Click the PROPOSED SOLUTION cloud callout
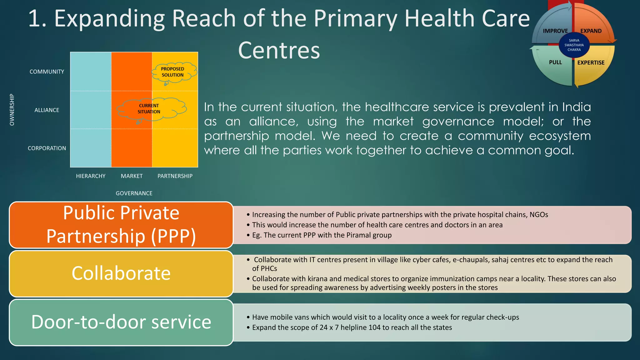[x=174, y=72]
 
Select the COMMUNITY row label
[x=47, y=72]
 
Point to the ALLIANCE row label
[x=47, y=110]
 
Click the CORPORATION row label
[x=47, y=148]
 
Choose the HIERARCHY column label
[x=91, y=176]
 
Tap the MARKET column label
[x=132, y=176]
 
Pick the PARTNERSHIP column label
[x=175, y=176]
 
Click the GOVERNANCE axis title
[x=134, y=193]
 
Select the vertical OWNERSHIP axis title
[x=12, y=110]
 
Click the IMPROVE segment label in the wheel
[x=555, y=31]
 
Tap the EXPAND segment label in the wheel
[x=591, y=31]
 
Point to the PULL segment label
[x=555, y=62]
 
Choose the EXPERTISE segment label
[x=591, y=63]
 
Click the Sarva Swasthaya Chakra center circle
[x=574, y=45]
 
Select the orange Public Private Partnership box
[x=121, y=225]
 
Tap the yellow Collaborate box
[x=121, y=274]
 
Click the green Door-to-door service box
[x=121, y=322]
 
